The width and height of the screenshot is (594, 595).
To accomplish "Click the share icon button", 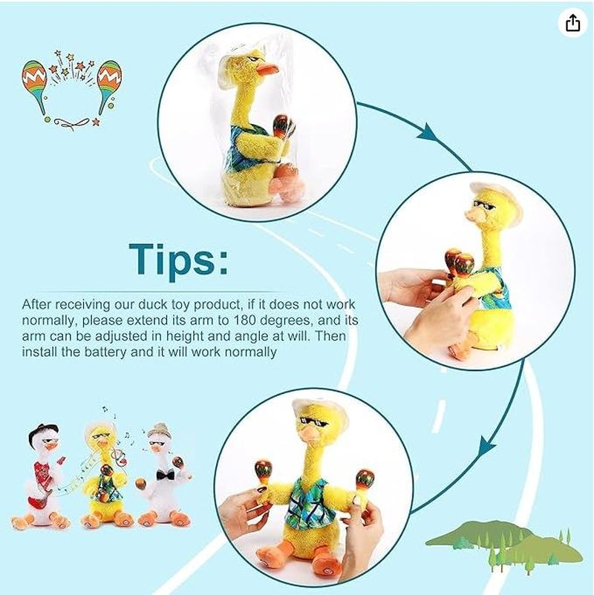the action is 573,24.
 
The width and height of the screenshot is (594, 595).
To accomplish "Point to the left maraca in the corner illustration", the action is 35,86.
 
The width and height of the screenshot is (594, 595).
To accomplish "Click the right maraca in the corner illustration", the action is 109,86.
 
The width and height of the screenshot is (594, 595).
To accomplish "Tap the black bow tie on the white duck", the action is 166,474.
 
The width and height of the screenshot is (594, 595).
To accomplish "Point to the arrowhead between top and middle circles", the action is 426,133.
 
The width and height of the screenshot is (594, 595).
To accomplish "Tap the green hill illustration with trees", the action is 504,547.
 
